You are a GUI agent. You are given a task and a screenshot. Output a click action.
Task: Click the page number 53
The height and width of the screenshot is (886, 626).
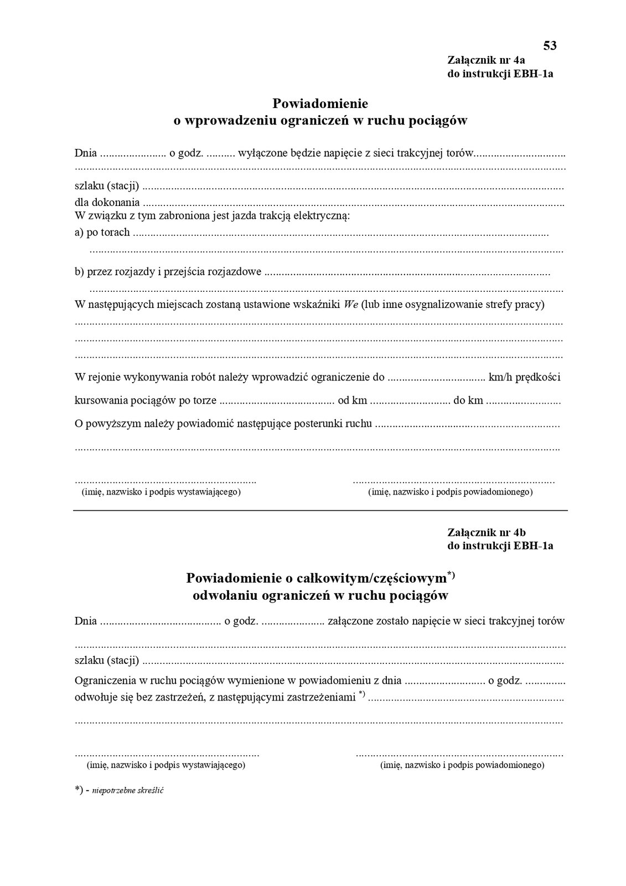(x=550, y=45)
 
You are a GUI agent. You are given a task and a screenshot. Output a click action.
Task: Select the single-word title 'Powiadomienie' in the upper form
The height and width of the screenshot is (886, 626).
(x=320, y=104)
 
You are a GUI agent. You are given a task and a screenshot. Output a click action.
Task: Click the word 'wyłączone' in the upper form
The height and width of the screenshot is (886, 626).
(x=260, y=153)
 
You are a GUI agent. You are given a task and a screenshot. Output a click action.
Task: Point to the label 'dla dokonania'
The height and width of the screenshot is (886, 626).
(x=107, y=203)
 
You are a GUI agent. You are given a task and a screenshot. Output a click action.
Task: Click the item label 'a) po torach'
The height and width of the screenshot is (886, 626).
(x=102, y=233)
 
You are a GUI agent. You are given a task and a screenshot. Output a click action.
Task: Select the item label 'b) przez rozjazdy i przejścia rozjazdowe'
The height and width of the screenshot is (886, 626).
(x=168, y=272)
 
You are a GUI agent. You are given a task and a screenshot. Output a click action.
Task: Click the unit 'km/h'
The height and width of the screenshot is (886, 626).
(x=500, y=378)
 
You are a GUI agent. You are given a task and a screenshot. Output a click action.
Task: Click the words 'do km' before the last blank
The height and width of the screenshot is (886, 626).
(x=468, y=400)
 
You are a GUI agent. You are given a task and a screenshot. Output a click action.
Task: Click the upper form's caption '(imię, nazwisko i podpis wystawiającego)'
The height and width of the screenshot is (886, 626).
(x=161, y=492)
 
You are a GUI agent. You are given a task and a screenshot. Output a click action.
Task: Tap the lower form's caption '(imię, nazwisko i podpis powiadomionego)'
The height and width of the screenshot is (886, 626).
(x=462, y=765)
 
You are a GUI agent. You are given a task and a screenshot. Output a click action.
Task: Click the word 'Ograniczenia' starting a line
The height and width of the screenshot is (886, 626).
(x=103, y=681)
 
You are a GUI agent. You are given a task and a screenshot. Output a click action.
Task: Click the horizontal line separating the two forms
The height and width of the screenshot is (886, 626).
(x=320, y=510)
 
